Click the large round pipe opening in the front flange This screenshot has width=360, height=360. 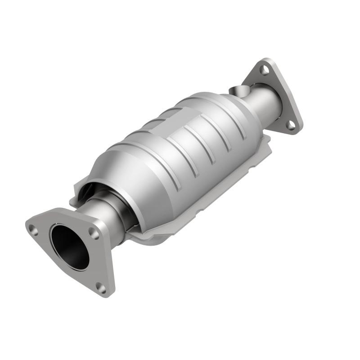(69, 247)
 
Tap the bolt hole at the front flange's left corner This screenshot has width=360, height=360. (32, 229)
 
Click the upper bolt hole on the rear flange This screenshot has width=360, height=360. (265, 70)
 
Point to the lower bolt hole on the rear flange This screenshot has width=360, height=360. (291, 124)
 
